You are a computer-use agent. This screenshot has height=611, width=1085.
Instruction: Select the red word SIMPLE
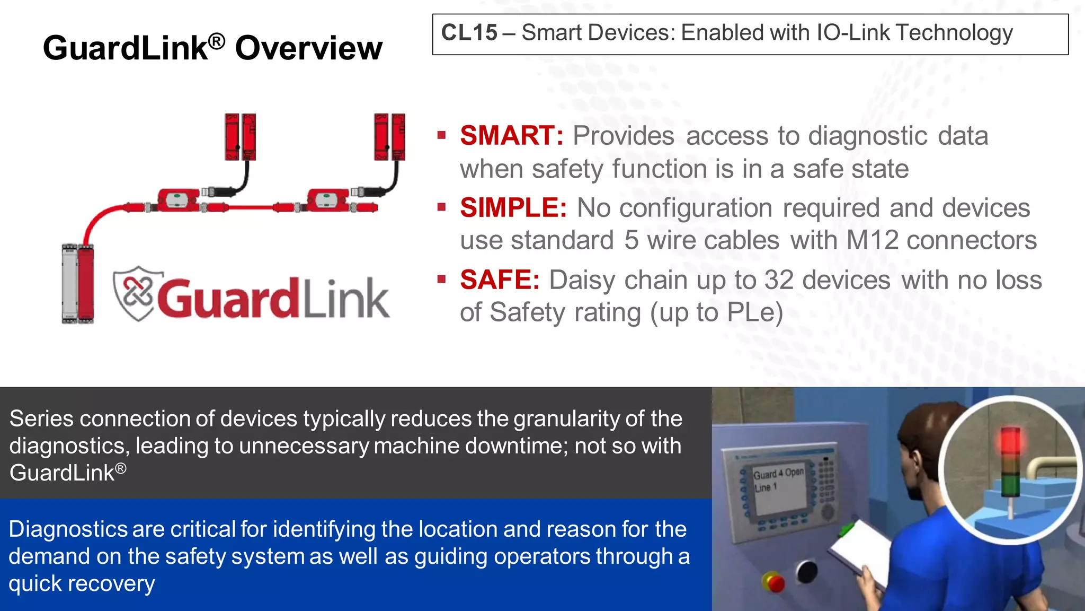pos(513,208)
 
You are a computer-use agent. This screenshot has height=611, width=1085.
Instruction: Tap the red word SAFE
pos(499,280)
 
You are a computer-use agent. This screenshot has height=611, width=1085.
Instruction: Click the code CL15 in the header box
pos(469,33)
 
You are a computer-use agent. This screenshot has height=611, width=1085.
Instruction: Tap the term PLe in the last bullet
pos(751,312)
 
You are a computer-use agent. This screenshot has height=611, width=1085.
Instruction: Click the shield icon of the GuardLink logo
pos(134,293)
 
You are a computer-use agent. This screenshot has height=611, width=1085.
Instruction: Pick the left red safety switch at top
pos(240,137)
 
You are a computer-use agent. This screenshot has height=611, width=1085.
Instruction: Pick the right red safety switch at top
pos(389,137)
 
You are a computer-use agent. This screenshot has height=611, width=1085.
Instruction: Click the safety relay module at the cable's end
pos(78,283)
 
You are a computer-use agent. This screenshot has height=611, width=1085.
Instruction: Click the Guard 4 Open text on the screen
pos(778,473)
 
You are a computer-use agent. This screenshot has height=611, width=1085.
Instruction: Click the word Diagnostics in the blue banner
pos(68,529)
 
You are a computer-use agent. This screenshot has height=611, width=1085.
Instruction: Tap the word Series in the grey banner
pos(41,419)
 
